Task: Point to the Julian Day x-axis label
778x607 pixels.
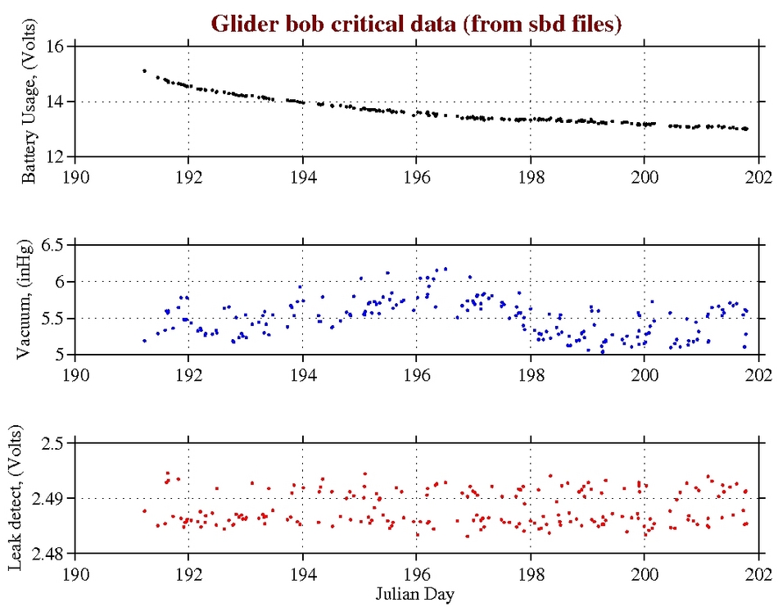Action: (x=416, y=592)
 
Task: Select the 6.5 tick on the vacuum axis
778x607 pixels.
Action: (x=52, y=245)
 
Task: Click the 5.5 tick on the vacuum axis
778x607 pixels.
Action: (x=52, y=318)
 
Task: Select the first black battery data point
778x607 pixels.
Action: (x=144, y=71)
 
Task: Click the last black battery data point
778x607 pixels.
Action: (x=746, y=129)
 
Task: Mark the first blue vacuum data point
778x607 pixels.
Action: (x=144, y=341)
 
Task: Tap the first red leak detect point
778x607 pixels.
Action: (x=144, y=511)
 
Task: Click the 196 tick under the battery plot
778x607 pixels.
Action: (x=416, y=174)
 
